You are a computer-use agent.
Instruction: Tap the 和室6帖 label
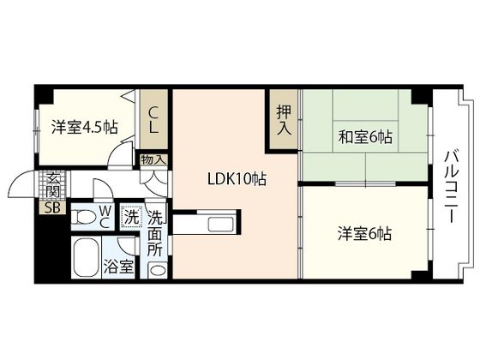pyautogui.click(x=364, y=136)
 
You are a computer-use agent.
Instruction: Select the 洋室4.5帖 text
pyautogui.click(x=84, y=128)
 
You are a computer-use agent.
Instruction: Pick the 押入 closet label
pyautogui.click(x=284, y=117)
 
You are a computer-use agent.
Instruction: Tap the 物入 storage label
pyautogui.click(x=154, y=159)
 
